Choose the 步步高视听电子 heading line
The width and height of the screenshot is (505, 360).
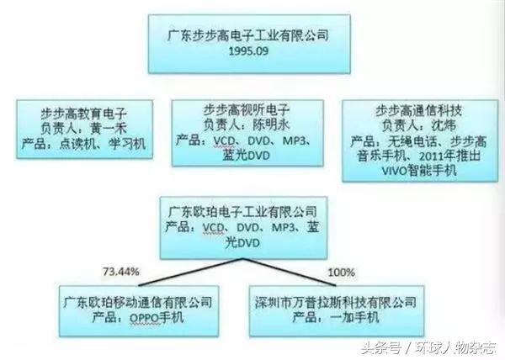248,109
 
